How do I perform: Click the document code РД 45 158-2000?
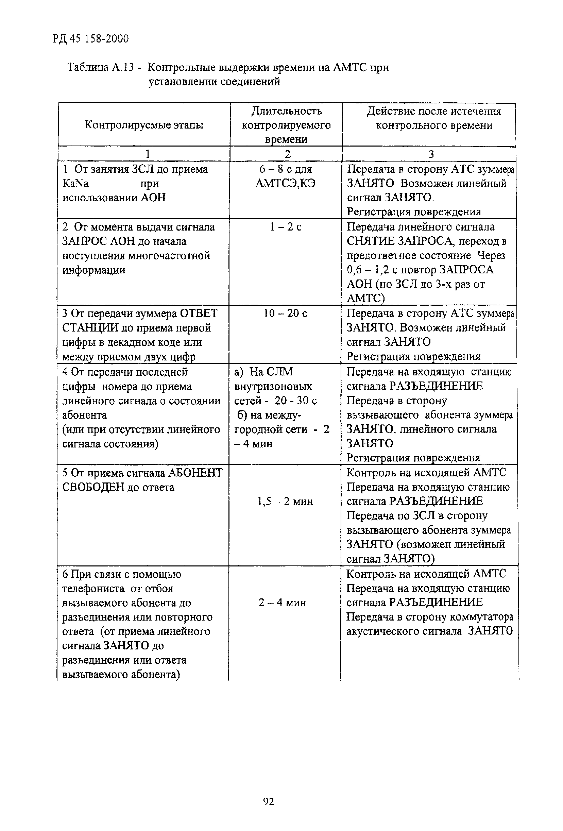tap(90, 39)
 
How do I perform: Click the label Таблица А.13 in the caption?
tap(100, 68)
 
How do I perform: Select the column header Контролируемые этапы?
tap(144, 125)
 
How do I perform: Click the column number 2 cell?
tap(287, 154)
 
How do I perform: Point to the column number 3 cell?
tap(431, 154)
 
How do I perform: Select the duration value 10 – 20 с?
tap(285, 313)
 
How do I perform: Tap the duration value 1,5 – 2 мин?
tap(285, 501)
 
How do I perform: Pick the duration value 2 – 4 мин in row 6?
tap(283, 603)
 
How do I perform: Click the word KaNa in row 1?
tap(75, 183)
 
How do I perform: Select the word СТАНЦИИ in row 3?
tap(91, 328)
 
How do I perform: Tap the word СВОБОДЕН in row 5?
tap(93, 487)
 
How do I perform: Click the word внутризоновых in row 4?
tap(273, 387)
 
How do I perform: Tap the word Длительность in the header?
tap(286, 111)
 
